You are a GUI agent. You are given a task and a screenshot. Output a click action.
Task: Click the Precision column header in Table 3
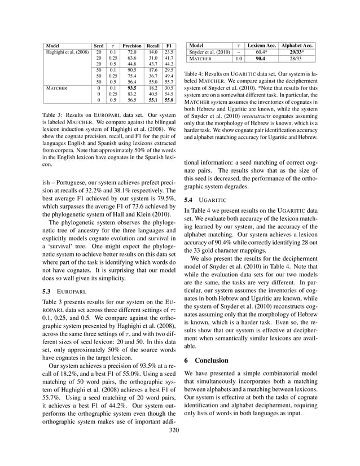pyautogui.click(x=132, y=45)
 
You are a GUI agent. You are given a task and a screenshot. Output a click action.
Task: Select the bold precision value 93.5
pyautogui.click(x=132, y=88)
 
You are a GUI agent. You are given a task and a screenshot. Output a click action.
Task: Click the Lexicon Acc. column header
pyautogui.click(x=261, y=45)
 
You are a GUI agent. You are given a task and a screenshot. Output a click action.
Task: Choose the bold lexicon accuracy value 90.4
pyautogui.click(x=261, y=58)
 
